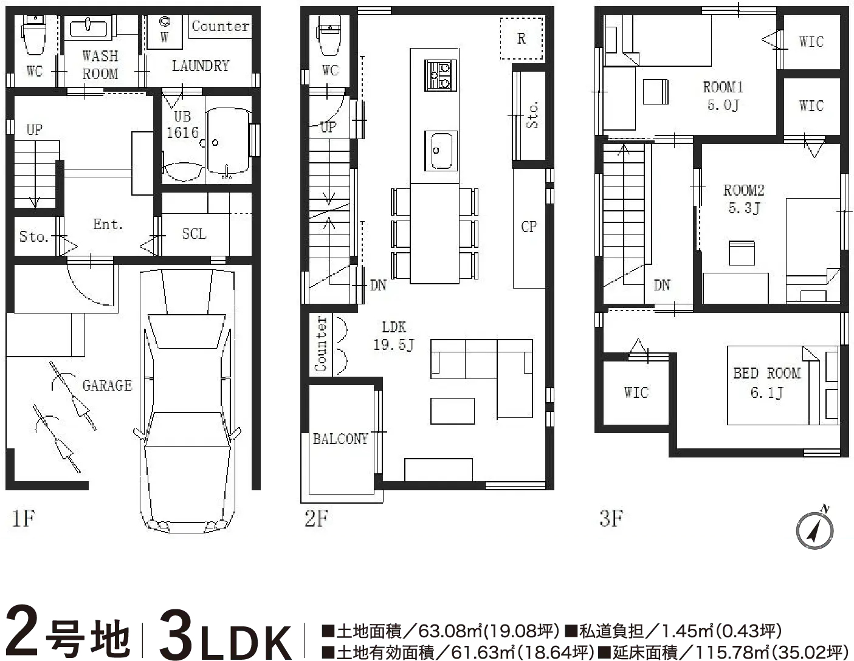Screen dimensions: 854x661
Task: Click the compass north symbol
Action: pyautogui.click(x=814, y=529)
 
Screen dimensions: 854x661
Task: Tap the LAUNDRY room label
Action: pyautogui.click(x=201, y=66)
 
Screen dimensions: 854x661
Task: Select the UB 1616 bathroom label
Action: pyautogui.click(x=182, y=125)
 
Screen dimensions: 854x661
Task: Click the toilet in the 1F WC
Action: pyautogui.click(x=35, y=35)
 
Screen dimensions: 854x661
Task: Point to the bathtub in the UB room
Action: pyautogui.click(x=229, y=142)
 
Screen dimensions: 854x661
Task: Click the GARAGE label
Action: pyautogui.click(x=108, y=385)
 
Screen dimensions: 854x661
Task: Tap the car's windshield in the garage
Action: pyautogui.click(x=187, y=331)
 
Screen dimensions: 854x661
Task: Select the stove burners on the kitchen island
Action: pyautogui.click(x=441, y=75)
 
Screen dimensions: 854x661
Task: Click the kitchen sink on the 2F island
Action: pyautogui.click(x=441, y=151)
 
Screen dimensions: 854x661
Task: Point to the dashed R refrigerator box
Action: pyautogui.click(x=521, y=38)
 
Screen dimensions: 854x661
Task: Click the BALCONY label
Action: pyautogui.click(x=340, y=439)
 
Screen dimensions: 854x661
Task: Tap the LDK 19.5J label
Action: pyautogui.click(x=393, y=336)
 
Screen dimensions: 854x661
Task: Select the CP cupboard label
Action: pyautogui.click(x=529, y=227)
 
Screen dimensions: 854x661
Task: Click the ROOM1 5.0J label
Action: pyautogui.click(x=723, y=96)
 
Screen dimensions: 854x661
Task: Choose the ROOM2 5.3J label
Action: pyautogui.click(x=744, y=199)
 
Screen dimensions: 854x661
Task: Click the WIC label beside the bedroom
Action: pyautogui.click(x=636, y=392)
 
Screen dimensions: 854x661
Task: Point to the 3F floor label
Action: pyautogui.click(x=611, y=518)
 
